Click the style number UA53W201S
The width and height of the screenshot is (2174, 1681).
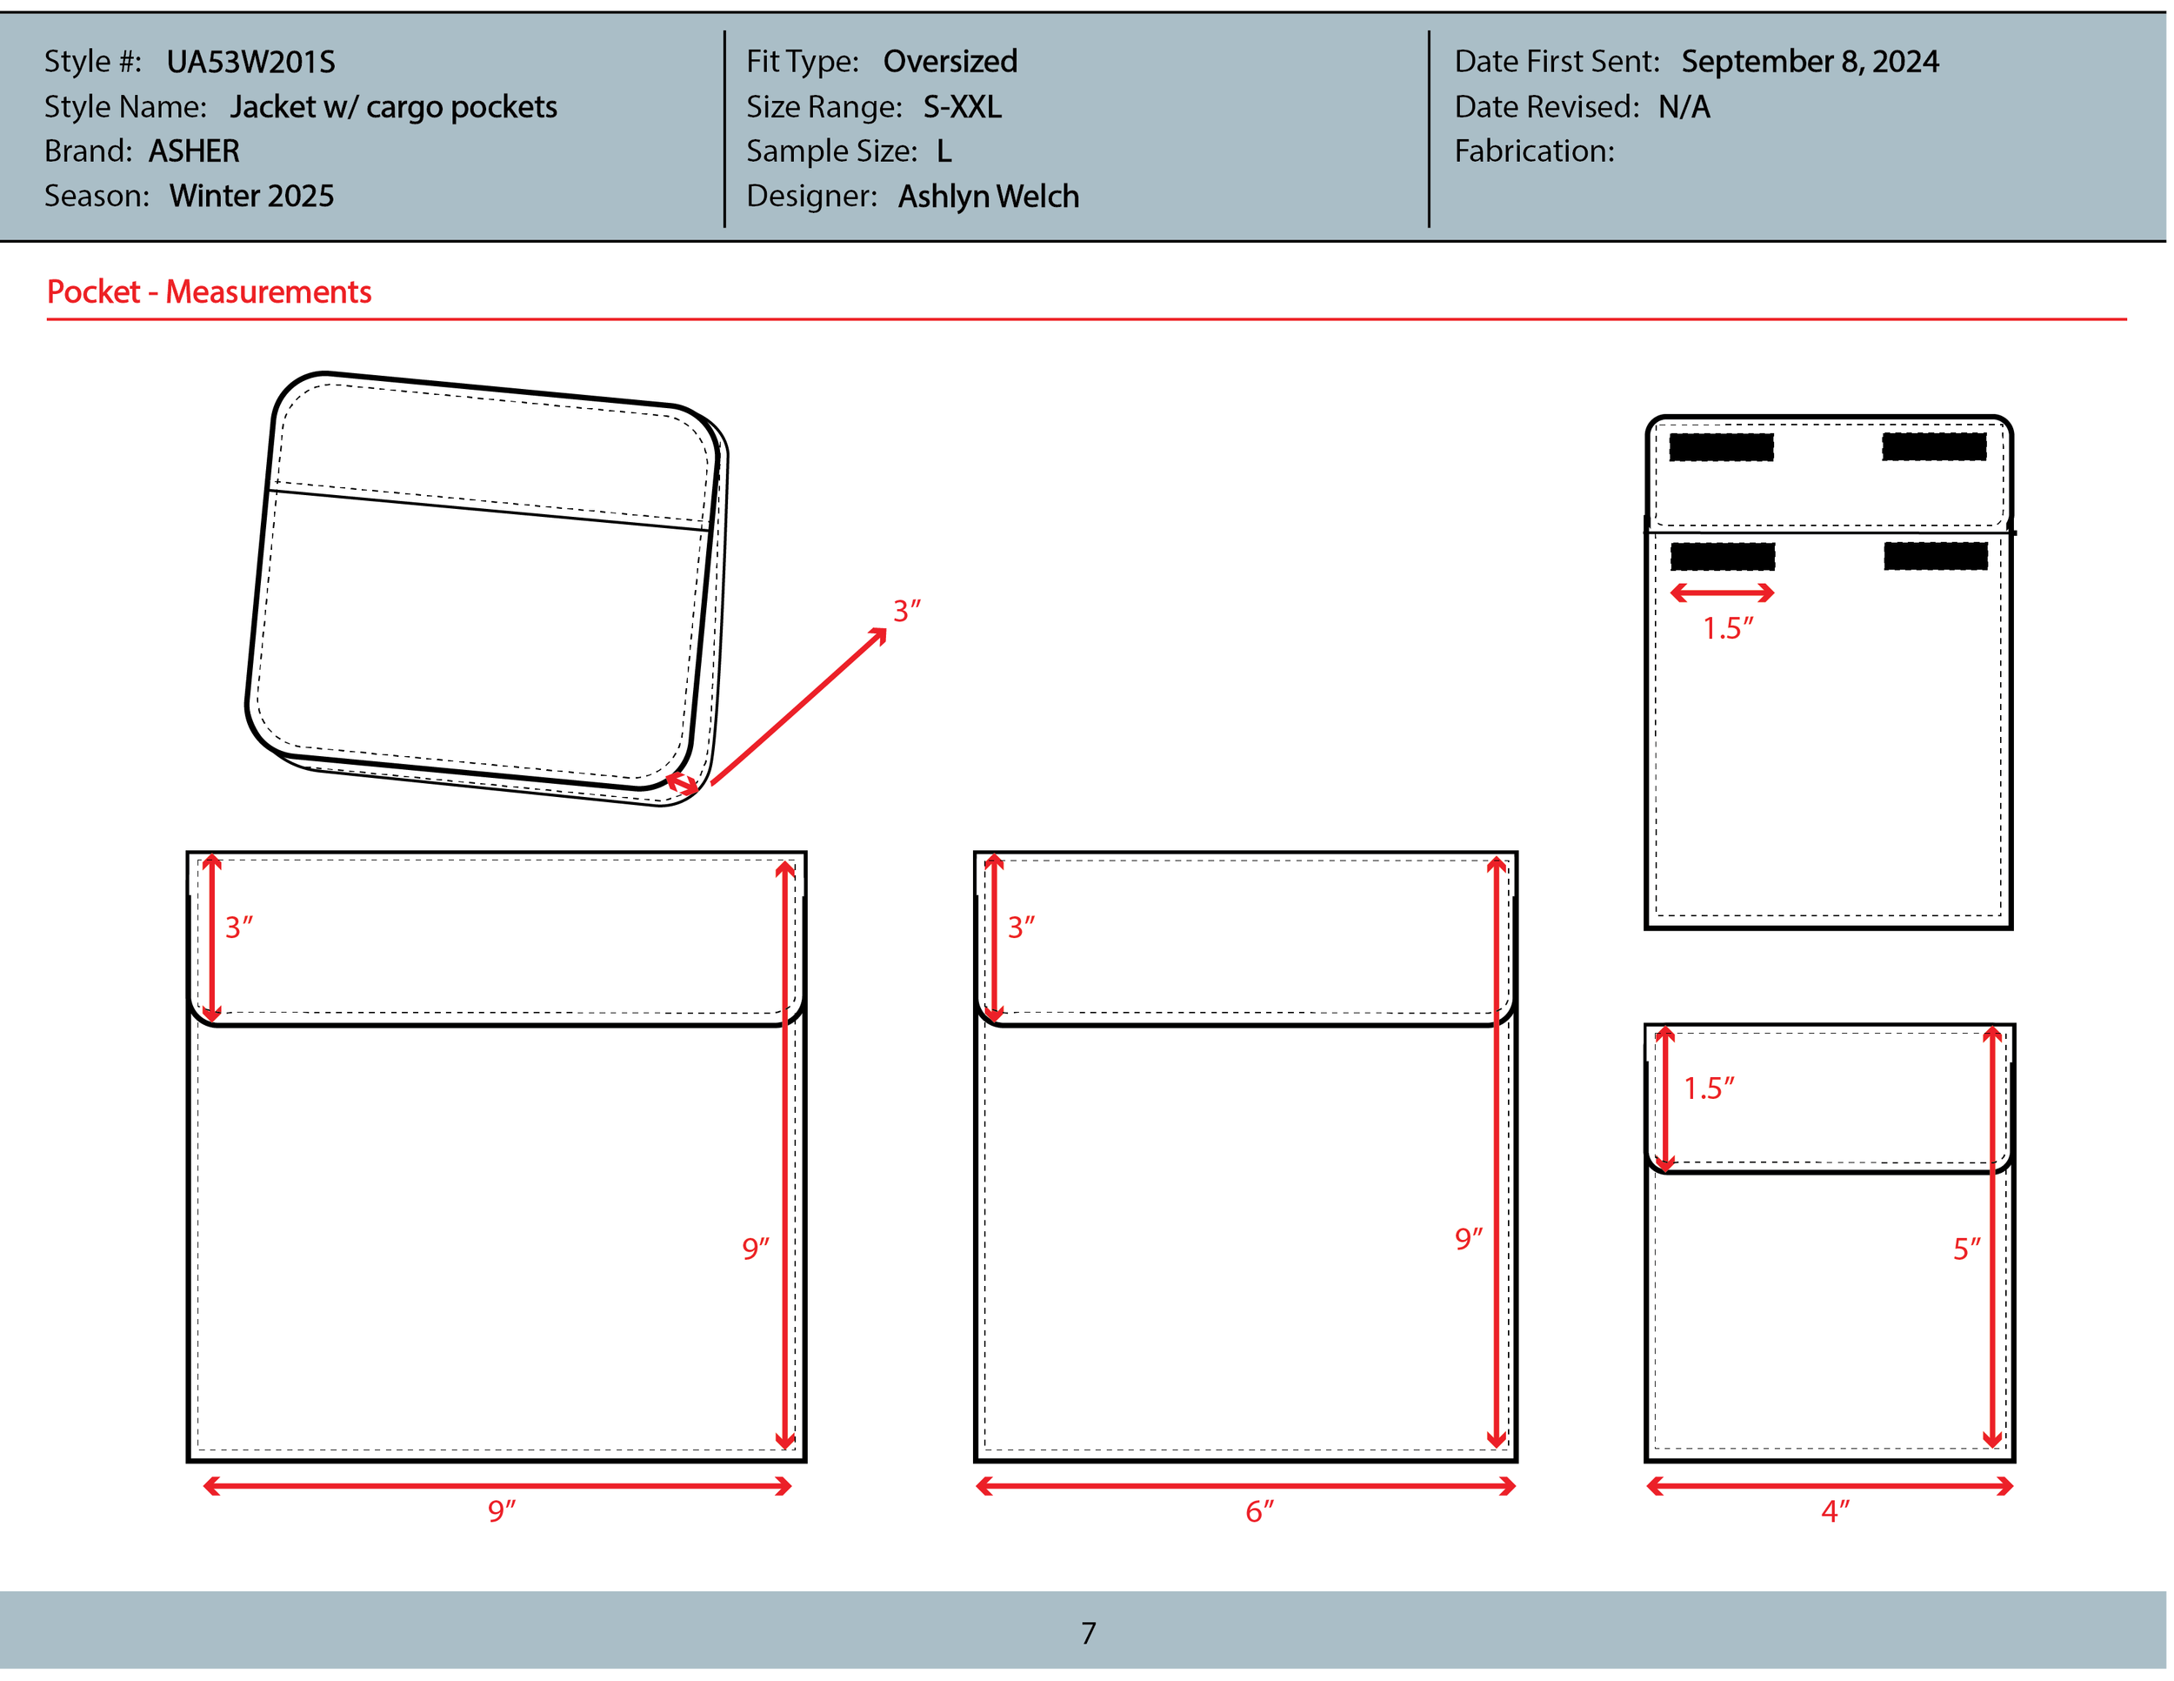pyautogui.click(x=250, y=62)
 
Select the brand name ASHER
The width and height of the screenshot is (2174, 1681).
pyautogui.click(x=194, y=151)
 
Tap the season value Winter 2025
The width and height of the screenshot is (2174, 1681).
pyautogui.click(x=252, y=196)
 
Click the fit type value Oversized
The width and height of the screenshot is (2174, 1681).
pyautogui.click(x=950, y=62)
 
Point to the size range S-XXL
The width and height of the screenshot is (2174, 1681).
pyautogui.click(x=962, y=106)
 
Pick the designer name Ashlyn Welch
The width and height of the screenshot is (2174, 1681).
pyautogui.click(x=988, y=196)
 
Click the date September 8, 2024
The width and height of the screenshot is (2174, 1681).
pyautogui.click(x=1809, y=62)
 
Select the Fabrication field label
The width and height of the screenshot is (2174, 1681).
pyautogui.click(x=1534, y=151)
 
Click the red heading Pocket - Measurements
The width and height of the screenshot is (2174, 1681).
pyautogui.click(x=209, y=291)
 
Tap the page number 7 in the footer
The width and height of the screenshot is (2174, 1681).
pyautogui.click(x=1088, y=1633)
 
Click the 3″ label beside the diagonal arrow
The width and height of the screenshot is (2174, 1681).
pyautogui.click(x=906, y=611)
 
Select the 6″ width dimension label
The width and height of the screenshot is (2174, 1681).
pyautogui.click(x=1258, y=1511)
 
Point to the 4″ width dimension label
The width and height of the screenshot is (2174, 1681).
pyautogui.click(x=1835, y=1511)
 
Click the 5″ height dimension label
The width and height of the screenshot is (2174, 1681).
pyautogui.click(x=1966, y=1249)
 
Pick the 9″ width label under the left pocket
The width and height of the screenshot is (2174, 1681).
pyautogui.click(x=501, y=1511)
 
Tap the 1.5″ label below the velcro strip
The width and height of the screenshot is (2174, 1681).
pyautogui.click(x=1727, y=628)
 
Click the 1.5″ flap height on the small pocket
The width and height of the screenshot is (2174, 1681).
pyautogui.click(x=1708, y=1088)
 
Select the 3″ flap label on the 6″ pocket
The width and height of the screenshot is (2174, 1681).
pyautogui.click(x=1020, y=928)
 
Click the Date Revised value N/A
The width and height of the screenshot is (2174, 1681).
pyautogui.click(x=1684, y=106)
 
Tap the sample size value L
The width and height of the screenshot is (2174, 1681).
pyautogui.click(x=944, y=151)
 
